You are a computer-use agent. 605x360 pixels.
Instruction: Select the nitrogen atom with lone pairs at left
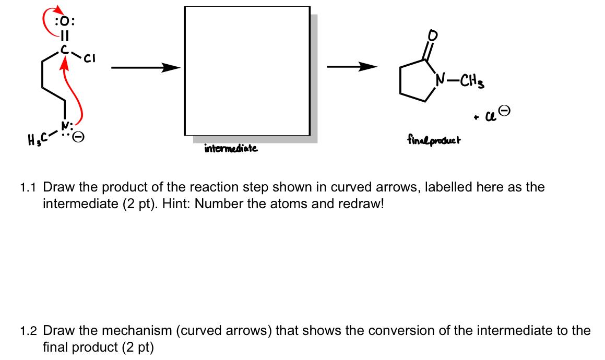pyautogui.click(x=65, y=126)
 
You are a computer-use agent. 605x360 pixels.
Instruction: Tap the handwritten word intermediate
pyautogui.click(x=231, y=149)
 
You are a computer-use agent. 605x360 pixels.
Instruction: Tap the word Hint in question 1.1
pyautogui.click(x=175, y=203)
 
